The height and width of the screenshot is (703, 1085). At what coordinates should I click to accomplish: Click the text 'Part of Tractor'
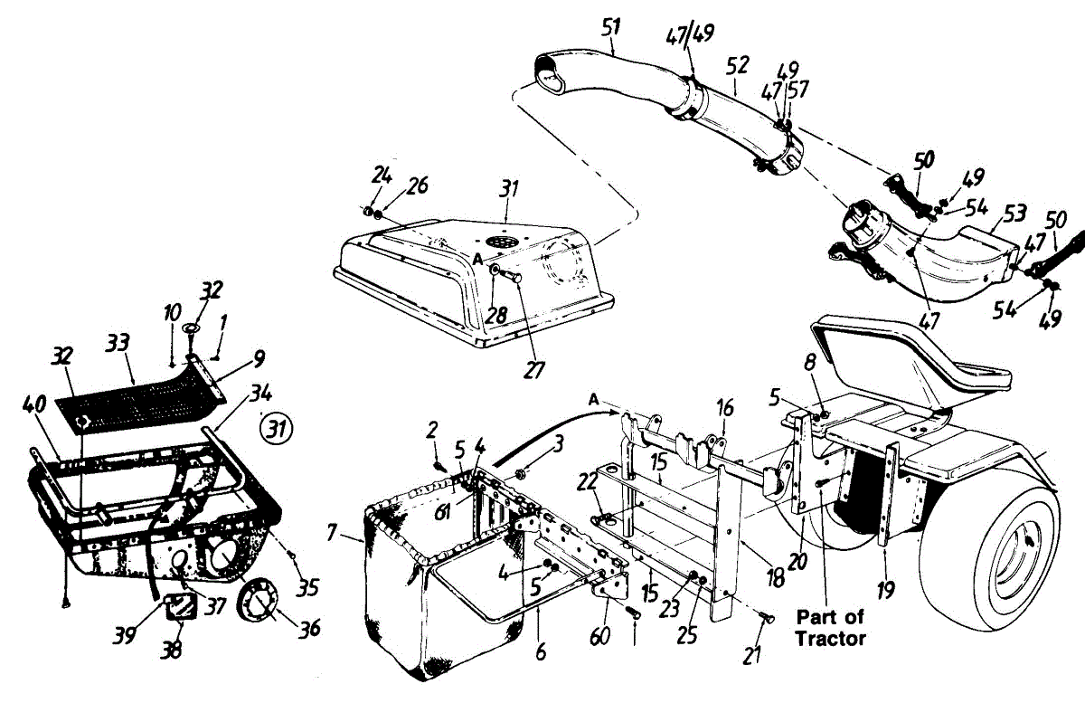pyautogui.click(x=831, y=628)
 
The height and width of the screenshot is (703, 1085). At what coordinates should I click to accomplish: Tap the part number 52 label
pyautogui.click(x=738, y=64)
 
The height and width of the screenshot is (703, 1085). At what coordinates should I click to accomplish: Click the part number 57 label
pyautogui.click(x=798, y=89)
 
